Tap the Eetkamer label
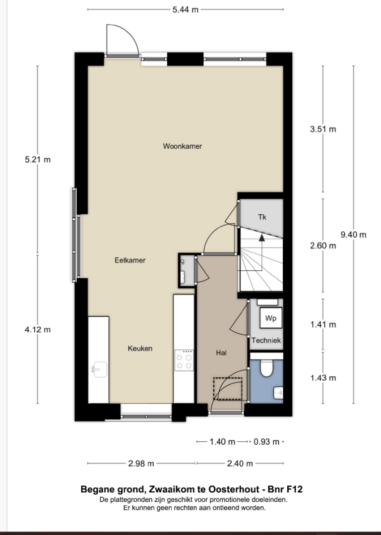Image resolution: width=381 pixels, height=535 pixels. tap(130, 260)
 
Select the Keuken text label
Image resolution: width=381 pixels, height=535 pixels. tap(140, 349)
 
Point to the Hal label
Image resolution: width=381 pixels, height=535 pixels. tap(221, 353)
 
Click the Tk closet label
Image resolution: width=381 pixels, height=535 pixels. tap(262, 217)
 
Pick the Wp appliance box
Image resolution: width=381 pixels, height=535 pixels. tap(270, 318)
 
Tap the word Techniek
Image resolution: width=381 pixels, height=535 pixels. tap(266, 341)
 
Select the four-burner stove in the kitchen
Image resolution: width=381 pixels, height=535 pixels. tap(184, 359)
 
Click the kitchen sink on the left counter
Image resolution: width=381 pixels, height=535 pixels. tap(99, 368)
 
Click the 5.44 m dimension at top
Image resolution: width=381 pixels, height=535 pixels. tap(186, 9)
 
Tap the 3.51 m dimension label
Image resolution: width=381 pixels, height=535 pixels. tap(323, 129)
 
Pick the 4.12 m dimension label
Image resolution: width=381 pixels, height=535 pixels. tap(38, 329)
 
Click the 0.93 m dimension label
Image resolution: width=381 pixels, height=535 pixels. tap(266, 441)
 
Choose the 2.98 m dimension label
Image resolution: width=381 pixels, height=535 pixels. tap(141, 464)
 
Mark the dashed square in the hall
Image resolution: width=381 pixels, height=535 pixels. tap(228, 388)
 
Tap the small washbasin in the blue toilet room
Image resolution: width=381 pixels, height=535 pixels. tap(278, 393)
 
